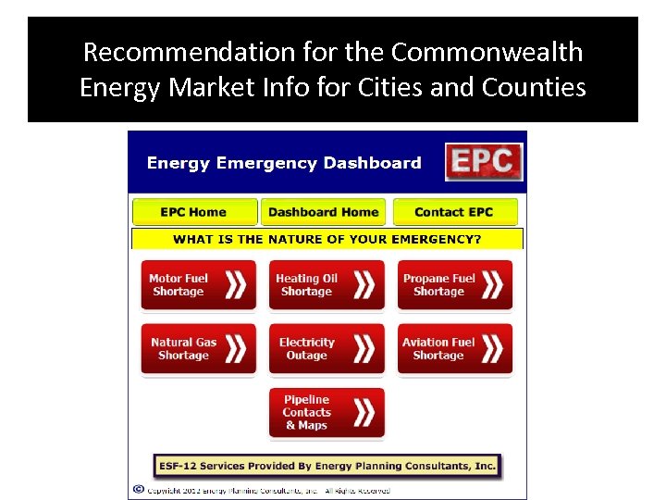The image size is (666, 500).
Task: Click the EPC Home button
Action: (x=193, y=212)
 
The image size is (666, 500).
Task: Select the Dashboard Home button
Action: (x=323, y=212)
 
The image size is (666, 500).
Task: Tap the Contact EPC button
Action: (x=454, y=212)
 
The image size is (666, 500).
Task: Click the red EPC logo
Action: (x=484, y=162)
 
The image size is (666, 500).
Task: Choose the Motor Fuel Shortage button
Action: (x=198, y=285)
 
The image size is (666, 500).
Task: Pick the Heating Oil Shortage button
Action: (x=326, y=285)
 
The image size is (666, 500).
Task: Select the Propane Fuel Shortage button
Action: (x=454, y=285)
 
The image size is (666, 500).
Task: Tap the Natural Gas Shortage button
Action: (x=198, y=349)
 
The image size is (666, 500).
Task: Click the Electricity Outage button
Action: (x=326, y=349)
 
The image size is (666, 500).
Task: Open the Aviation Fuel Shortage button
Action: (x=454, y=349)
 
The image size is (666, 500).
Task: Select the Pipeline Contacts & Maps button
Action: (x=326, y=413)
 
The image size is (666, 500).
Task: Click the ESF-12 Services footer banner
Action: (x=327, y=466)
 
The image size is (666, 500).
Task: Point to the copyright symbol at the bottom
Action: (x=139, y=490)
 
